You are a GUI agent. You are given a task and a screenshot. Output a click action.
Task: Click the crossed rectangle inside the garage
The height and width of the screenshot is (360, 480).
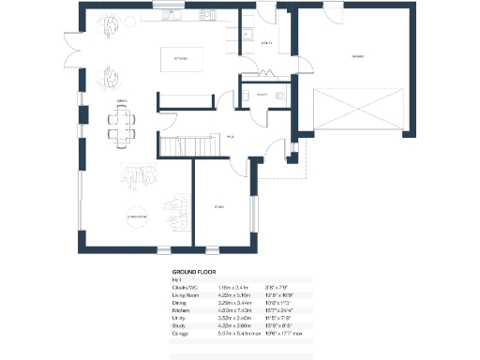[x=355, y=111]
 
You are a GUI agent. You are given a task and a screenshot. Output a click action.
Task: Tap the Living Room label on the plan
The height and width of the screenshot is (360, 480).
[x=140, y=216]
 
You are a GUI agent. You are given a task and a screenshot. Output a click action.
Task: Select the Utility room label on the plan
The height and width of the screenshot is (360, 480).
[x=266, y=42]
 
